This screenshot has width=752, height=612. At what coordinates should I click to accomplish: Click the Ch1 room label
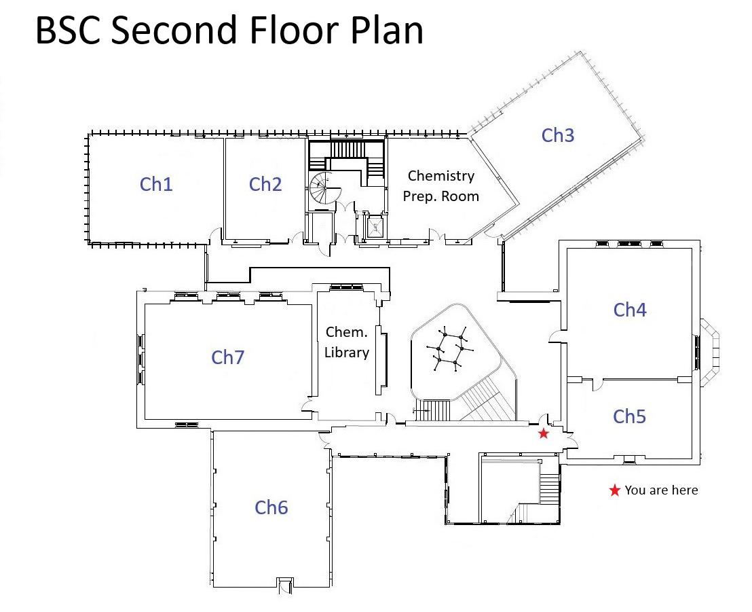156,184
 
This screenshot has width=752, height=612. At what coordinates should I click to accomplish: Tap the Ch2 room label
265,184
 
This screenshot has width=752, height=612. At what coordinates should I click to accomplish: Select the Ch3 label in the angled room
558,135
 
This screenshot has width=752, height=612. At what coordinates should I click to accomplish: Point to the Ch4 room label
630,310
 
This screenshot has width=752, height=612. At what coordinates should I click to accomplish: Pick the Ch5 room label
629,416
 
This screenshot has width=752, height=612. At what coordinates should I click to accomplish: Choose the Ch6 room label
271,507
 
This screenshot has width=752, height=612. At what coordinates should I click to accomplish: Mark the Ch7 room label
227,357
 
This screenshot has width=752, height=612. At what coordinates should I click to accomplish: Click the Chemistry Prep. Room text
441,185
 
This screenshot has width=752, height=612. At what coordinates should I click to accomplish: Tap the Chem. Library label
347,342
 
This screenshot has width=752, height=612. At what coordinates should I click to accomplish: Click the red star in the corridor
544,433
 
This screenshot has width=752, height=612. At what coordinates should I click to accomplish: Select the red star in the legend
614,490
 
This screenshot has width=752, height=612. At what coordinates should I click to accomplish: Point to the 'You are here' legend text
661,490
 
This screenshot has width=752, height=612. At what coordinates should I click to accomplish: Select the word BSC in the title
67,31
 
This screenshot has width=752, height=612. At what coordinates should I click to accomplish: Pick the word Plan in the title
386,31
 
